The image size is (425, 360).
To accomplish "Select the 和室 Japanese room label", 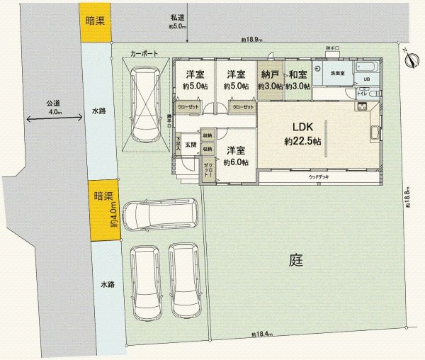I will point(297,74).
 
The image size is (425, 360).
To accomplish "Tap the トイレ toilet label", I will point(361,93).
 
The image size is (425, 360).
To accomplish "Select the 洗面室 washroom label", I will point(336,72).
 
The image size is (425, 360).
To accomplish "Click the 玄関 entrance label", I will point(191,145).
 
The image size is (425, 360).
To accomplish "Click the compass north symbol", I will point(409,59).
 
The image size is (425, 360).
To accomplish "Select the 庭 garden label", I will point(296,259).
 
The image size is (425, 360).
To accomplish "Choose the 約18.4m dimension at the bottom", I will point(261,334).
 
